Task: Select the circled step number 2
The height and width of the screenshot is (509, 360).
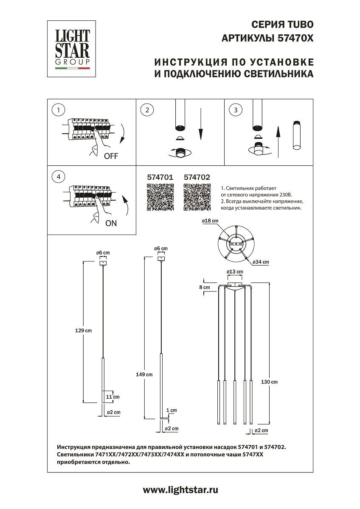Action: [147, 110]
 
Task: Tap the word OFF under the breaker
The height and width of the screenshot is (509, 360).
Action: [111, 156]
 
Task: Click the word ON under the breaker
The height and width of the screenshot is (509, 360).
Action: [111, 224]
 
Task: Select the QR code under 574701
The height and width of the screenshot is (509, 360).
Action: [160, 198]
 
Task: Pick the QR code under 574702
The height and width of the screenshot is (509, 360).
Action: [197, 198]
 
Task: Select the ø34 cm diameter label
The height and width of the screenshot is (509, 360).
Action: [261, 262]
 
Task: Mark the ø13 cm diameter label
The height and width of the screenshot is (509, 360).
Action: [234, 271]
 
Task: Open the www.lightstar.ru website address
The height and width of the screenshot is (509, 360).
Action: [180, 490]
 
